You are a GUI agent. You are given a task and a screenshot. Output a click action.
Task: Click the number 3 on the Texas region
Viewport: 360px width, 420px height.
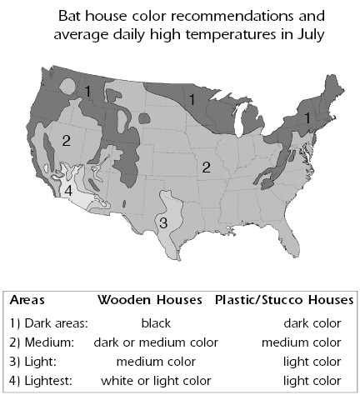163,222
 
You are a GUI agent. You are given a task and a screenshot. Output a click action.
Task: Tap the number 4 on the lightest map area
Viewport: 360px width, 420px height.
68,191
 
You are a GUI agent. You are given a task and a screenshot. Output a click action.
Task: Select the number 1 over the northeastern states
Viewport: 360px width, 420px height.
307,118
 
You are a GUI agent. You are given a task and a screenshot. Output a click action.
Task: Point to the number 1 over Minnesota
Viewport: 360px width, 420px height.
192,100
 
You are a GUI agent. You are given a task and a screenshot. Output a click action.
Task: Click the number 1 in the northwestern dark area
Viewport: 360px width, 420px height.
87,92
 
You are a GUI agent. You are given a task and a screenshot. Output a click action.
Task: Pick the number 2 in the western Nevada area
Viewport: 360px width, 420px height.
66,141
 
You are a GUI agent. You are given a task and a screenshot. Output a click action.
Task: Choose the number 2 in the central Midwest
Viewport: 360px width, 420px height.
206,167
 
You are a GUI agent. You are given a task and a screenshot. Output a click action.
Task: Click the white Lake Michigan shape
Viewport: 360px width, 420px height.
238,119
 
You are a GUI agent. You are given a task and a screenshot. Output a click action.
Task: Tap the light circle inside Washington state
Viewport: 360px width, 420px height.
67,86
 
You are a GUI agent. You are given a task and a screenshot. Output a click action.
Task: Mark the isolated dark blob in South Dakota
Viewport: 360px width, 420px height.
144,118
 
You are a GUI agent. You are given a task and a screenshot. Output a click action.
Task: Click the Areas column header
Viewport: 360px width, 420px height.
27,300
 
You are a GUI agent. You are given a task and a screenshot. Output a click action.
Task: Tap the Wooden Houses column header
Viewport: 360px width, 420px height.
150,300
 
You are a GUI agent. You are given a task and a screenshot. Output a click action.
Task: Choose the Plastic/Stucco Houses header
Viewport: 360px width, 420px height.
284,300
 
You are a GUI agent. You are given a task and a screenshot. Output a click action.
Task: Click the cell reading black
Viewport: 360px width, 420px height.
156,323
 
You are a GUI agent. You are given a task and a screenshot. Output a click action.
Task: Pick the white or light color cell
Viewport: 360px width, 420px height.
156,381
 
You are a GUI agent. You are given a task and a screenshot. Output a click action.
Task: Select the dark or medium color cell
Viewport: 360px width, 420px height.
156,342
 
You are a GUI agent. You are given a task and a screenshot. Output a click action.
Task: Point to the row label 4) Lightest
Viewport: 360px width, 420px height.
41,381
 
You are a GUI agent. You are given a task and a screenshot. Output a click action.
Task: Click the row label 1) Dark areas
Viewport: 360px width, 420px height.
48,323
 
